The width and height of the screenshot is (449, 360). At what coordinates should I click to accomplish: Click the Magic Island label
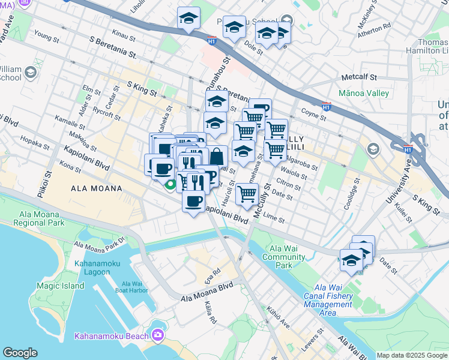(x=60, y=286)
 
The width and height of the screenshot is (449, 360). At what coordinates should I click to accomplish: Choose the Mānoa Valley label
(x=364, y=94)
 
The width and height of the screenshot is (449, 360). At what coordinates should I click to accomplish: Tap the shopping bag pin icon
(x=217, y=156)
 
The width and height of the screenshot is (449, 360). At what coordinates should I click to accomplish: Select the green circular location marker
(x=171, y=185)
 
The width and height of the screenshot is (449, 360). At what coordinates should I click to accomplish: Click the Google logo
(x=20, y=353)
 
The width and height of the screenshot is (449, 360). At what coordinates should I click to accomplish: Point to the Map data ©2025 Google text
(x=412, y=355)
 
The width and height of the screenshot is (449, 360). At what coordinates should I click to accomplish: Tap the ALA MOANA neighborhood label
(x=97, y=188)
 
